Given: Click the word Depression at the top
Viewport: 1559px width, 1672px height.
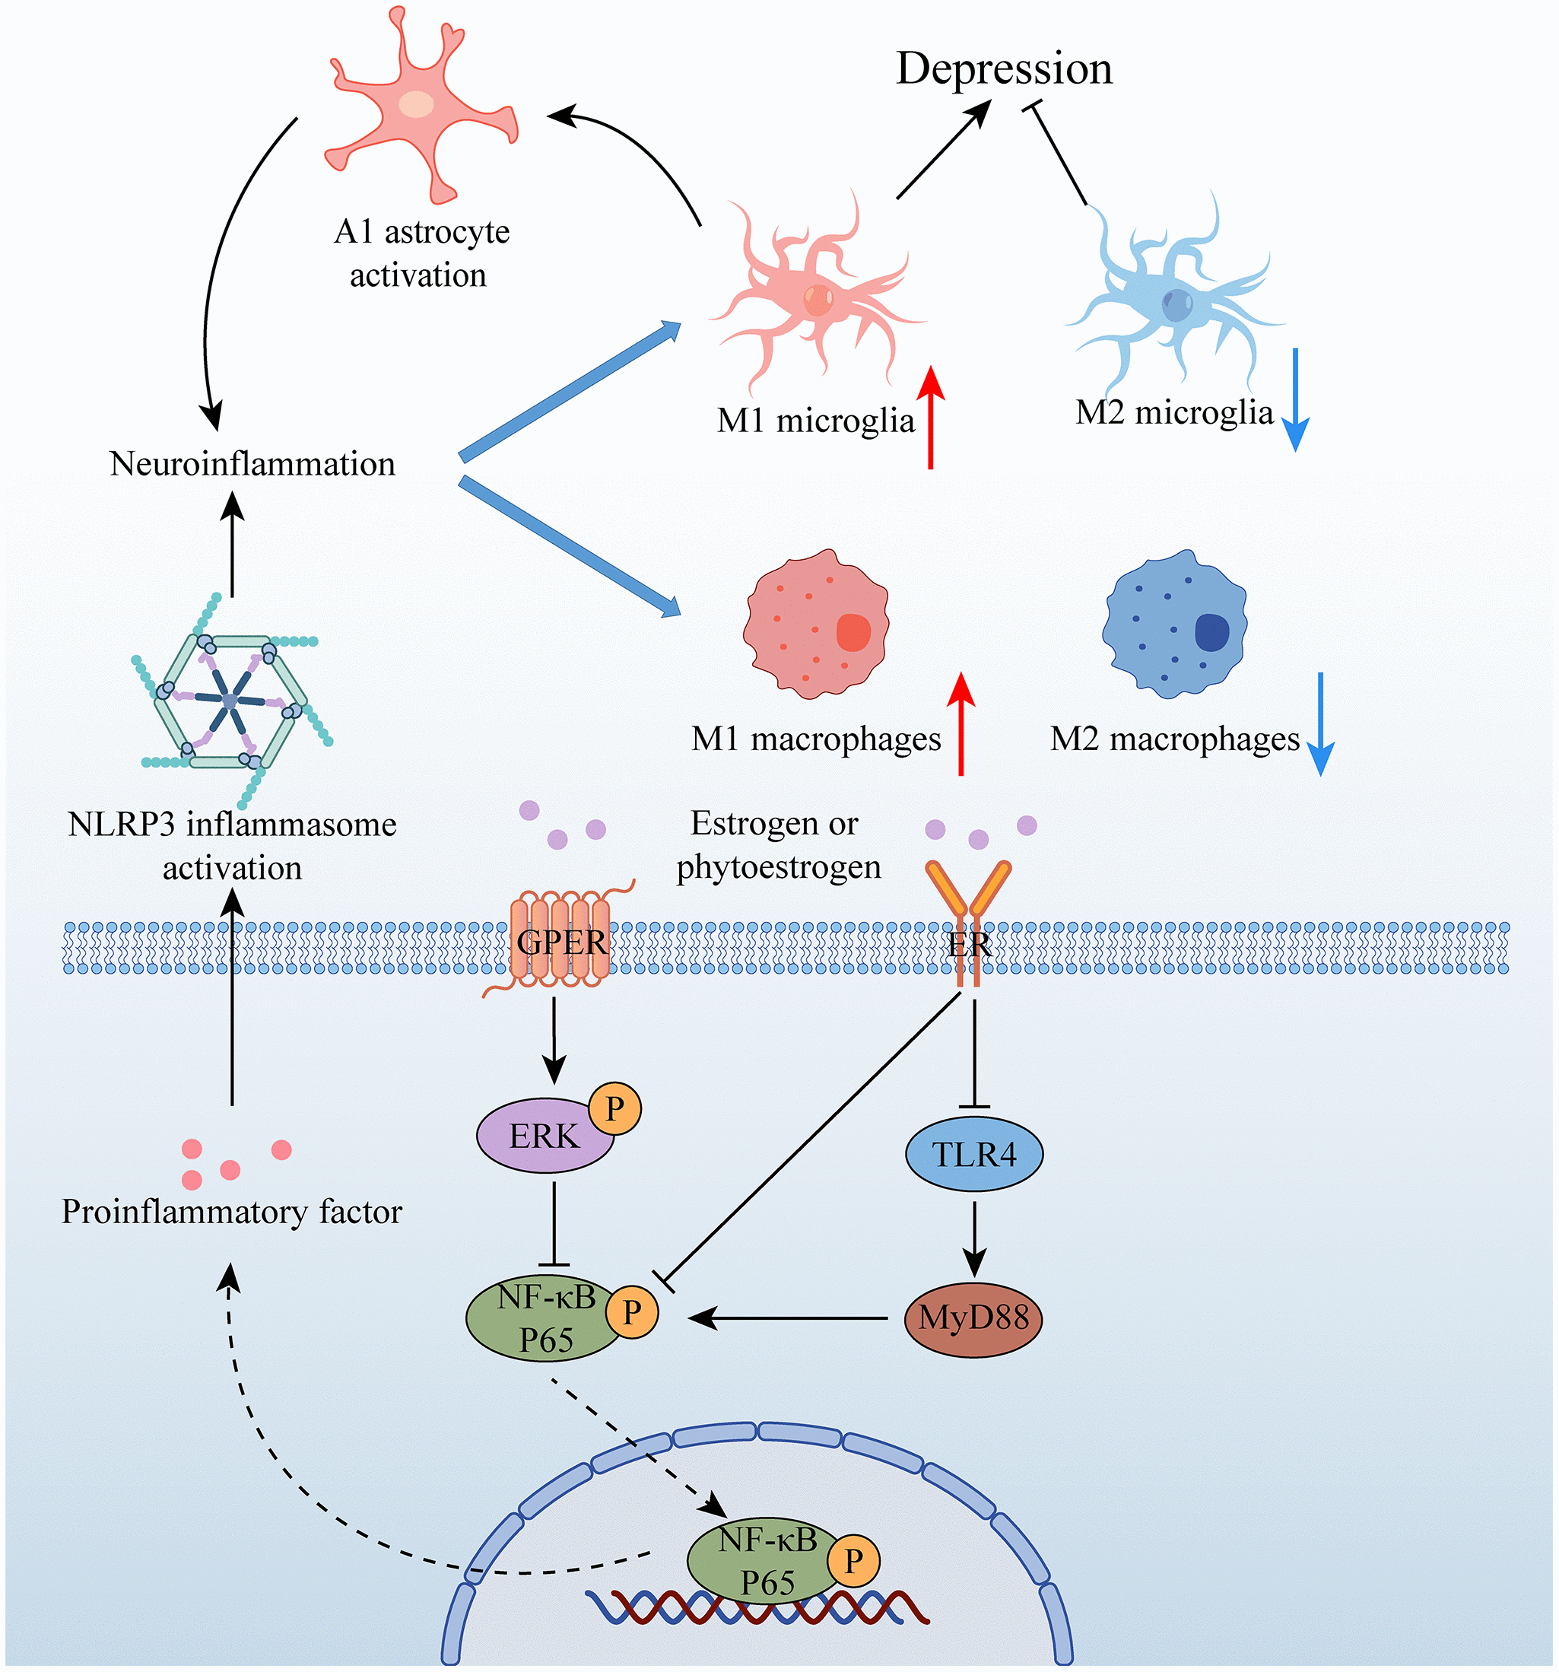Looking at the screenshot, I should click(1004, 69).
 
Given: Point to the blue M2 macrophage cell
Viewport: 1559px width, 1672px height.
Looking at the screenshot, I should click(1175, 624).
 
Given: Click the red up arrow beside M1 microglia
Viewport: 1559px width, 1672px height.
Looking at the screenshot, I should click(930, 416).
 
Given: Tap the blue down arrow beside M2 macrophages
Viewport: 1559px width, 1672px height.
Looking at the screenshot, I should click(1321, 723).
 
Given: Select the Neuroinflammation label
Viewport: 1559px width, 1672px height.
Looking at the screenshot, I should click(252, 464).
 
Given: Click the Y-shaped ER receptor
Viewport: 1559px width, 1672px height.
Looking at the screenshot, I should click(968, 917).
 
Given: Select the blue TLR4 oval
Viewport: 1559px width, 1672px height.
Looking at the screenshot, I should click(973, 1154).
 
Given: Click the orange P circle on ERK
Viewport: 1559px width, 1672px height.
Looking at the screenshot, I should click(614, 1108).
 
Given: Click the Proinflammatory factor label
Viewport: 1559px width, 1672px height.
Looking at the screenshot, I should click(232, 1212).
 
